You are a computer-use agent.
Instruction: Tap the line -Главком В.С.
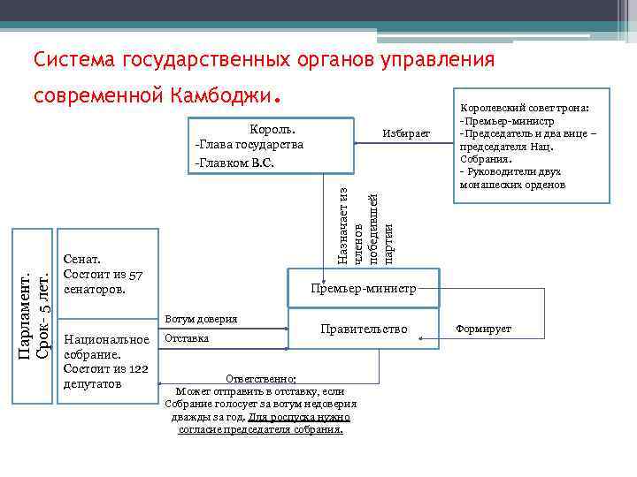click(234, 163)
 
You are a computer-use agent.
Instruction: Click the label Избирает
click(406, 132)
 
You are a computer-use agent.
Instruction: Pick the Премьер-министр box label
click(363, 288)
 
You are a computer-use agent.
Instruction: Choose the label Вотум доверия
click(201, 318)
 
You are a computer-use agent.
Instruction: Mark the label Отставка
click(187, 338)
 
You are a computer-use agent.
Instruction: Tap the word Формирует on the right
click(483, 329)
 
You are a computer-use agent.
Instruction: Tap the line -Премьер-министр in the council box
click(506, 121)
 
